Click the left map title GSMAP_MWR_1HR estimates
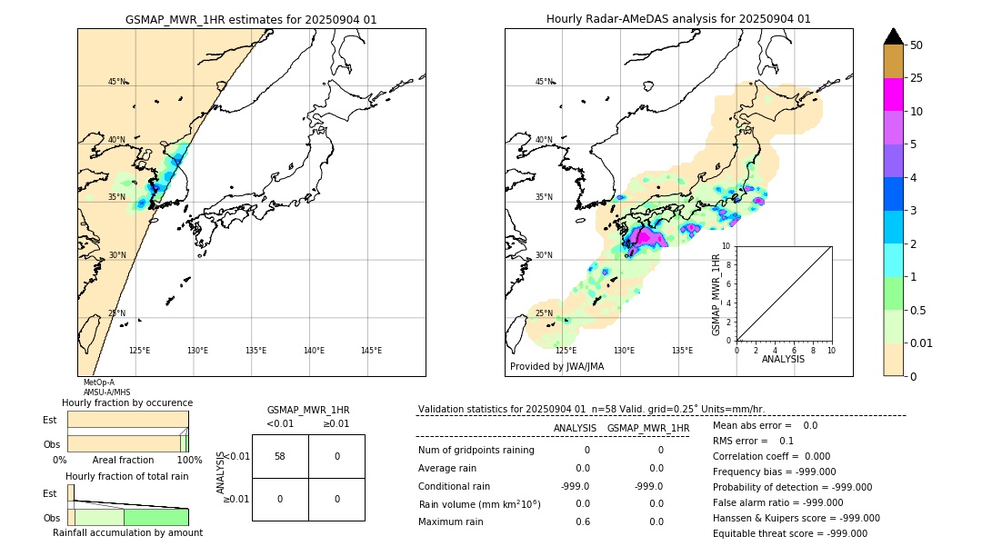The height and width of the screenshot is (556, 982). (x=251, y=19)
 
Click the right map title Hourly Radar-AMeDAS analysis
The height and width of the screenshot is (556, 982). (x=678, y=19)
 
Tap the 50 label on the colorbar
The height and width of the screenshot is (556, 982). (x=917, y=45)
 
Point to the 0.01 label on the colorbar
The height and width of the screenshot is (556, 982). (x=922, y=343)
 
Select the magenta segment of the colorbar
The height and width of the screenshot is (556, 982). (x=893, y=94)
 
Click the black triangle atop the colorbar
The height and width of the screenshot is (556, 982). (x=893, y=36)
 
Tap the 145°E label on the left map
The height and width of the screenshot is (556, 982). (x=371, y=351)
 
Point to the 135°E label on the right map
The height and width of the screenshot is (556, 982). (x=682, y=351)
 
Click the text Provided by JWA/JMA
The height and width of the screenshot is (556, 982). (x=556, y=367)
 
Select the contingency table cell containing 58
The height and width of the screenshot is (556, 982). (x=280, y=456)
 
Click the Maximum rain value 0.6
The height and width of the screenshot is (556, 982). (x=583, y=521)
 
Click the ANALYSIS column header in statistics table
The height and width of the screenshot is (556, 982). (x=575, y=428)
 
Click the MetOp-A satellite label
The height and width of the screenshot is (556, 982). (x=98, y=382)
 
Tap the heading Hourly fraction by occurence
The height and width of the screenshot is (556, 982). (x=127, y=402)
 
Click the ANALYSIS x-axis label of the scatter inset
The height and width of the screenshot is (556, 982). (x=783, y=359)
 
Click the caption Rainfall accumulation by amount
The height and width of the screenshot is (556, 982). (x=127, y=532)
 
